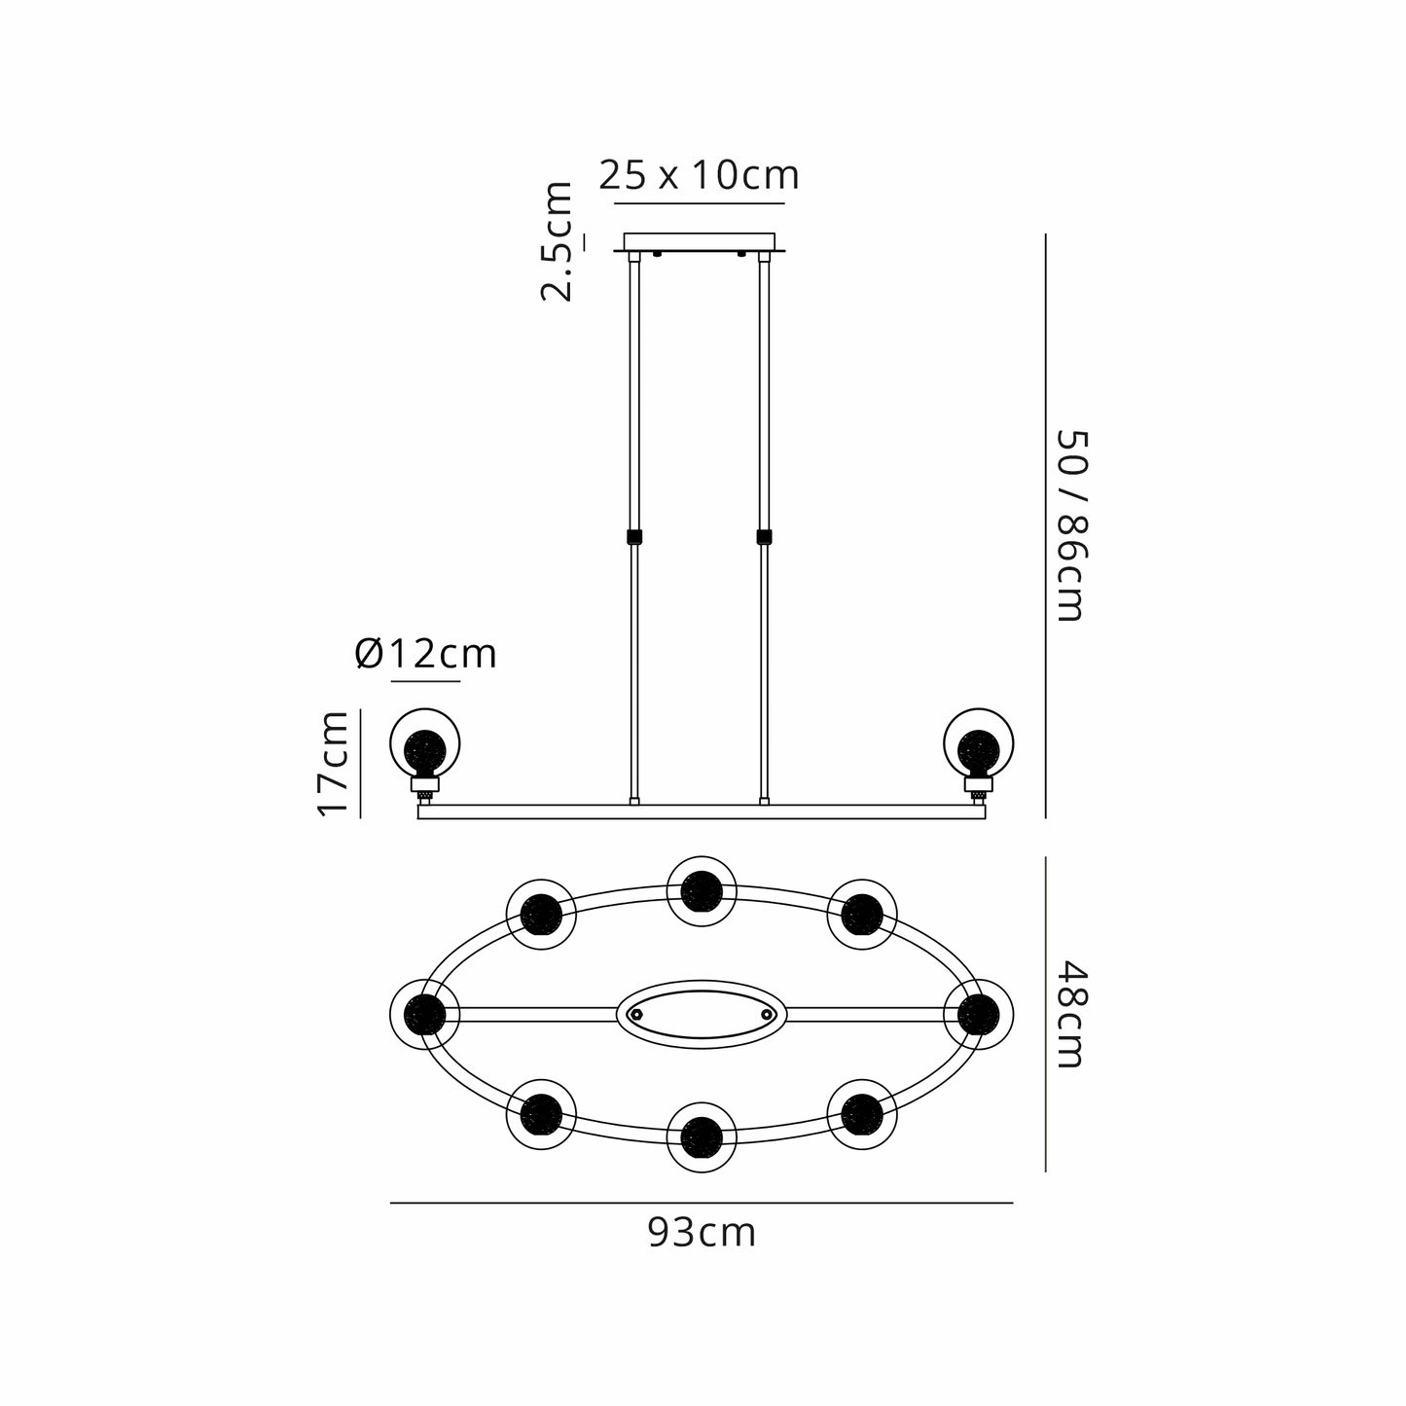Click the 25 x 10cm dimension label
tap(699, 175)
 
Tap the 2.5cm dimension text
tap(556, 241)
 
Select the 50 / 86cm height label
tap(1072, 526)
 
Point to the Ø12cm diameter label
tap(425, 654)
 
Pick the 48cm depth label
tap(1072, 1014)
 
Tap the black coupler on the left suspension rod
tap(634, 537)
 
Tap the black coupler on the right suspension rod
tap(764, 537)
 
